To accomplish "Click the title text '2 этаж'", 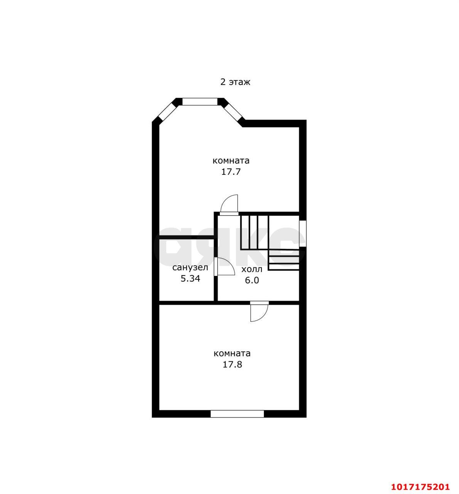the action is [x=235, y=82].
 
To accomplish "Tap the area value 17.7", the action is [x=231, y=172].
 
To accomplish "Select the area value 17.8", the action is [x=232, y=365].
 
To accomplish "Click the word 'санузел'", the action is [x=190, y=267].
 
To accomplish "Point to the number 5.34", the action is [x=190, y=279].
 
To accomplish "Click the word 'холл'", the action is [x=252, y=269].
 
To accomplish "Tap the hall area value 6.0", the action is [x=252, y=280].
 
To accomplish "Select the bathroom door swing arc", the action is [x=226, y=266].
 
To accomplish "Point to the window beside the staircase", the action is [x=303, y=233].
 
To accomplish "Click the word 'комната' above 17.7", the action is [x=231, y=161].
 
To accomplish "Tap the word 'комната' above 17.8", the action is [x=232, y=354].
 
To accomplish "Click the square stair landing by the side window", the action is [x=284, y=232].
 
